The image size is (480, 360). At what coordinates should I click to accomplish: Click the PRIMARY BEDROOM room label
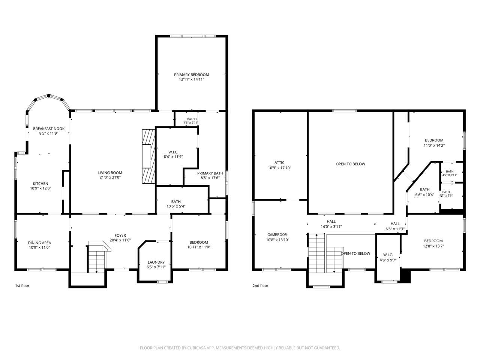191,75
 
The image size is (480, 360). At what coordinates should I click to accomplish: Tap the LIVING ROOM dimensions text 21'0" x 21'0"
110,177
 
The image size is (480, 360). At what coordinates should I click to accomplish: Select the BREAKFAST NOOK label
49,129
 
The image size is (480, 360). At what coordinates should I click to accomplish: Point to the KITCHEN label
40,184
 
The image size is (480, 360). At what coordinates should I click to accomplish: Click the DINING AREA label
40,243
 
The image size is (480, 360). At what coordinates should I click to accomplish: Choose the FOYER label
120,235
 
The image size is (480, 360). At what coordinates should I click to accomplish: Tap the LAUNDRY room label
156,262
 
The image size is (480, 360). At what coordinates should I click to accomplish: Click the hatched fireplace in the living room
148,156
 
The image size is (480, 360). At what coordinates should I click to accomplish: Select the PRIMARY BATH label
210,173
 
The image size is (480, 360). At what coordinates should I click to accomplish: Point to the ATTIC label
279,163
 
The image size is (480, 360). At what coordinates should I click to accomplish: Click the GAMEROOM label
277,235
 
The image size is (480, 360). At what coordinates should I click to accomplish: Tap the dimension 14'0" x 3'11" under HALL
331,226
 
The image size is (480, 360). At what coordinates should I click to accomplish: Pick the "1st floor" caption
22,286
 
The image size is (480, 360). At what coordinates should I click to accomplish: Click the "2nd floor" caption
260,286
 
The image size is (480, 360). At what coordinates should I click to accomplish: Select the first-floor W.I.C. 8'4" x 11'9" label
173,154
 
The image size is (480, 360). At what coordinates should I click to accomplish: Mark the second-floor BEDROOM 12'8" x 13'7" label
433,243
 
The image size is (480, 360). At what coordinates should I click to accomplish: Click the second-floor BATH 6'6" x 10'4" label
424,192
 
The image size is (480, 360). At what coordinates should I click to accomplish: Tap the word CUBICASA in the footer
196,348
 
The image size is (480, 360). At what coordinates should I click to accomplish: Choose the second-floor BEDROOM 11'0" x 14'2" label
434,143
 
